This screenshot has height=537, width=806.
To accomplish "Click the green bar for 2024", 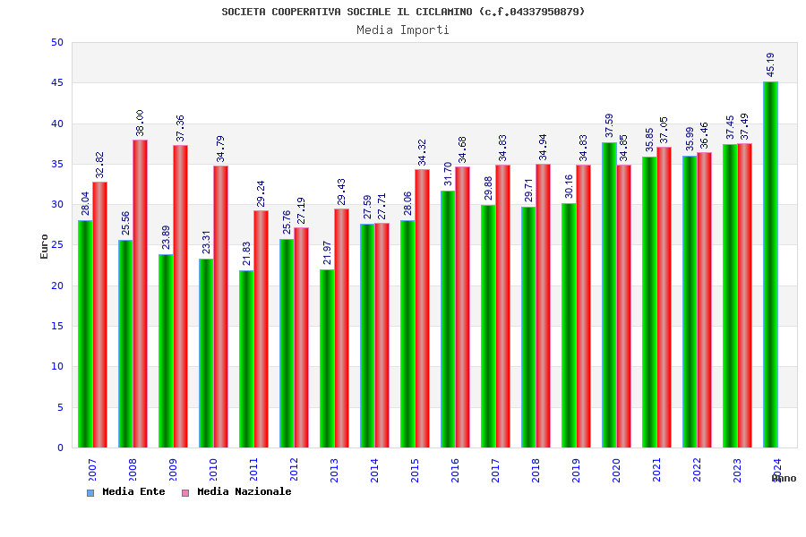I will (770, 265).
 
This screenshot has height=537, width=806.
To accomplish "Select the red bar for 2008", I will (140, 294).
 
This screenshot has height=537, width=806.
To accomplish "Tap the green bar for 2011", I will (246, 359).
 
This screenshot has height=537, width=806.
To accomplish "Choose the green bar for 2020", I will (609, 295).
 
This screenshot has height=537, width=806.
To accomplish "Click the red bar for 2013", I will (341, 328).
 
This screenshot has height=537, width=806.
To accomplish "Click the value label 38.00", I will (140, 123).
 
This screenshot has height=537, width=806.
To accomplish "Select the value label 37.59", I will (610, 125).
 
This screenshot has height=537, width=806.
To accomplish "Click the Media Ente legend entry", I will (126, 491).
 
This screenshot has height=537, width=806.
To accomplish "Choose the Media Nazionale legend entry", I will (236, 491).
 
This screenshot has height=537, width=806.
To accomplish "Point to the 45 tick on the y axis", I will (57, 82).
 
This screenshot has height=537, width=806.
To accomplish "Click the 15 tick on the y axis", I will (57, 326).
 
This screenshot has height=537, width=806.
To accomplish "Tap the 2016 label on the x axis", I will (456, 470).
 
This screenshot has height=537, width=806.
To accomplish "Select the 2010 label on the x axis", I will (213, 470).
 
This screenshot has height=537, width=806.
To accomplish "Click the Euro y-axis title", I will (45, 246).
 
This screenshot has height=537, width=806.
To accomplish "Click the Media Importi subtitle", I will (403, 30).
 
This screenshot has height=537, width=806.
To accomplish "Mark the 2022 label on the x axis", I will (698, 470).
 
